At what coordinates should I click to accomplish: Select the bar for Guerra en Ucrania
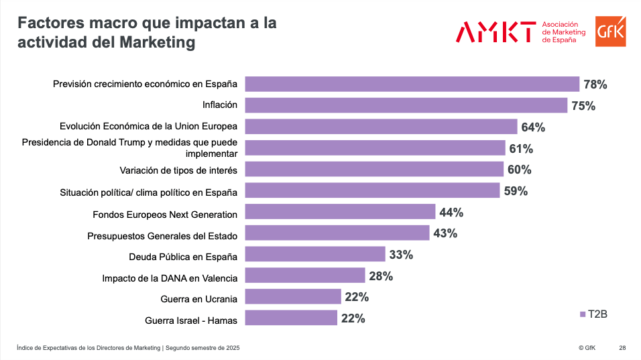click(x=293, y=296)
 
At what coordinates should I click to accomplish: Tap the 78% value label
click(x=595, y=84)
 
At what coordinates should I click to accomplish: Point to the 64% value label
click(x=533, y=127)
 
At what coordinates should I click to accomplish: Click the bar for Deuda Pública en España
click(x=315, y=255)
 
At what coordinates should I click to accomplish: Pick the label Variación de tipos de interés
click(x=178, y=170)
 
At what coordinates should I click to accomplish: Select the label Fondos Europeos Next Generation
click(x=165, y=215)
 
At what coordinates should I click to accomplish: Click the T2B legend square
click(x=582, y=314)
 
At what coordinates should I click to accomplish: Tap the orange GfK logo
click(x=610, y=32)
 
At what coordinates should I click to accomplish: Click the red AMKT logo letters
click(x=496, y=32)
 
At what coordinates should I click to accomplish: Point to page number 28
click(x=622, y=348)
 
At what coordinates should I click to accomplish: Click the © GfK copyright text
click(x=587, y=348)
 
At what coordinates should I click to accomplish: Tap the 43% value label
click(x=445, y=233)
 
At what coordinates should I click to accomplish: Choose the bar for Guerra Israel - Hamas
click(x=291, y=318)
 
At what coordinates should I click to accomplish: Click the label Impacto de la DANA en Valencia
click(x=170, y=278)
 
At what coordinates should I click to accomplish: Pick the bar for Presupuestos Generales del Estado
click(x=337, y=233)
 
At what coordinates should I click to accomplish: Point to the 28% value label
click(x=380, y=276)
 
